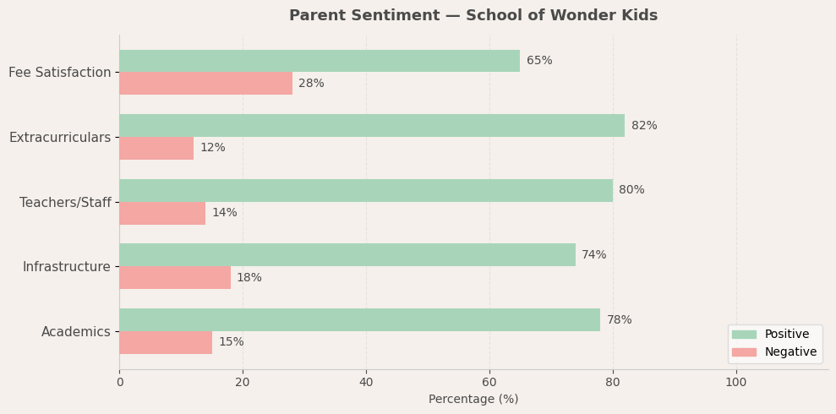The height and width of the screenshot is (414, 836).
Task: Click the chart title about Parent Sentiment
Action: pyautogui.click(x=473, y=16)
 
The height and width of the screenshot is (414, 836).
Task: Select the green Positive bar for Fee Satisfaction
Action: pyautogui.click(x=320, y=61)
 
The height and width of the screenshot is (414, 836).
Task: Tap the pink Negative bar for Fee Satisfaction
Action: pyautogui.click(x=205, y=84)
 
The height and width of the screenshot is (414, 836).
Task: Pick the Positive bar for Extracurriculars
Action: pyautogui.click(x=372, y=126)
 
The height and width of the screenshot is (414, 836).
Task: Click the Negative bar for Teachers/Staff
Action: pyautogui.click(x=162, y=213)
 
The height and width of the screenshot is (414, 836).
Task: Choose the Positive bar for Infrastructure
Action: pyautogui.click(x=347, y=255)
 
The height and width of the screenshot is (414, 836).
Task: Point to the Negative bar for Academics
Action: pyautogui.click(x=166, y=342)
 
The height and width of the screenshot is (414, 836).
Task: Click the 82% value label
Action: pyautogui.click(x=644, y=126)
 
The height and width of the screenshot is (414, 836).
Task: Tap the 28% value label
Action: pyautogui.click(x=311, y=84)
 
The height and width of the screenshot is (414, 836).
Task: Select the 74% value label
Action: pyautogui.click(x=594, y=255)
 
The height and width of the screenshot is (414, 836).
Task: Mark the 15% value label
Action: pyautogui.click(x=232, y=342)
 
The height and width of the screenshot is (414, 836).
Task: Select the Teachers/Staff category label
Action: pyautogui.click(x=65, y=203)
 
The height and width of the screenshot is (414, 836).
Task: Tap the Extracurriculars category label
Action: pyautogui.click(x=60, y=138)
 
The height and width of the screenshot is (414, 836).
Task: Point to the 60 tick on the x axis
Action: pyautogui.click(x=489, y=383)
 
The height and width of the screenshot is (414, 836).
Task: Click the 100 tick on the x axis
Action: pyautogui.click(x=736, y=383)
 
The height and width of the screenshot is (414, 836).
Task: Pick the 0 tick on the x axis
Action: pyautogui.click(x=119, y=383)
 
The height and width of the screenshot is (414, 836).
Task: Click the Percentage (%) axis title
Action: pyautogui.click(x=473, y=400)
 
